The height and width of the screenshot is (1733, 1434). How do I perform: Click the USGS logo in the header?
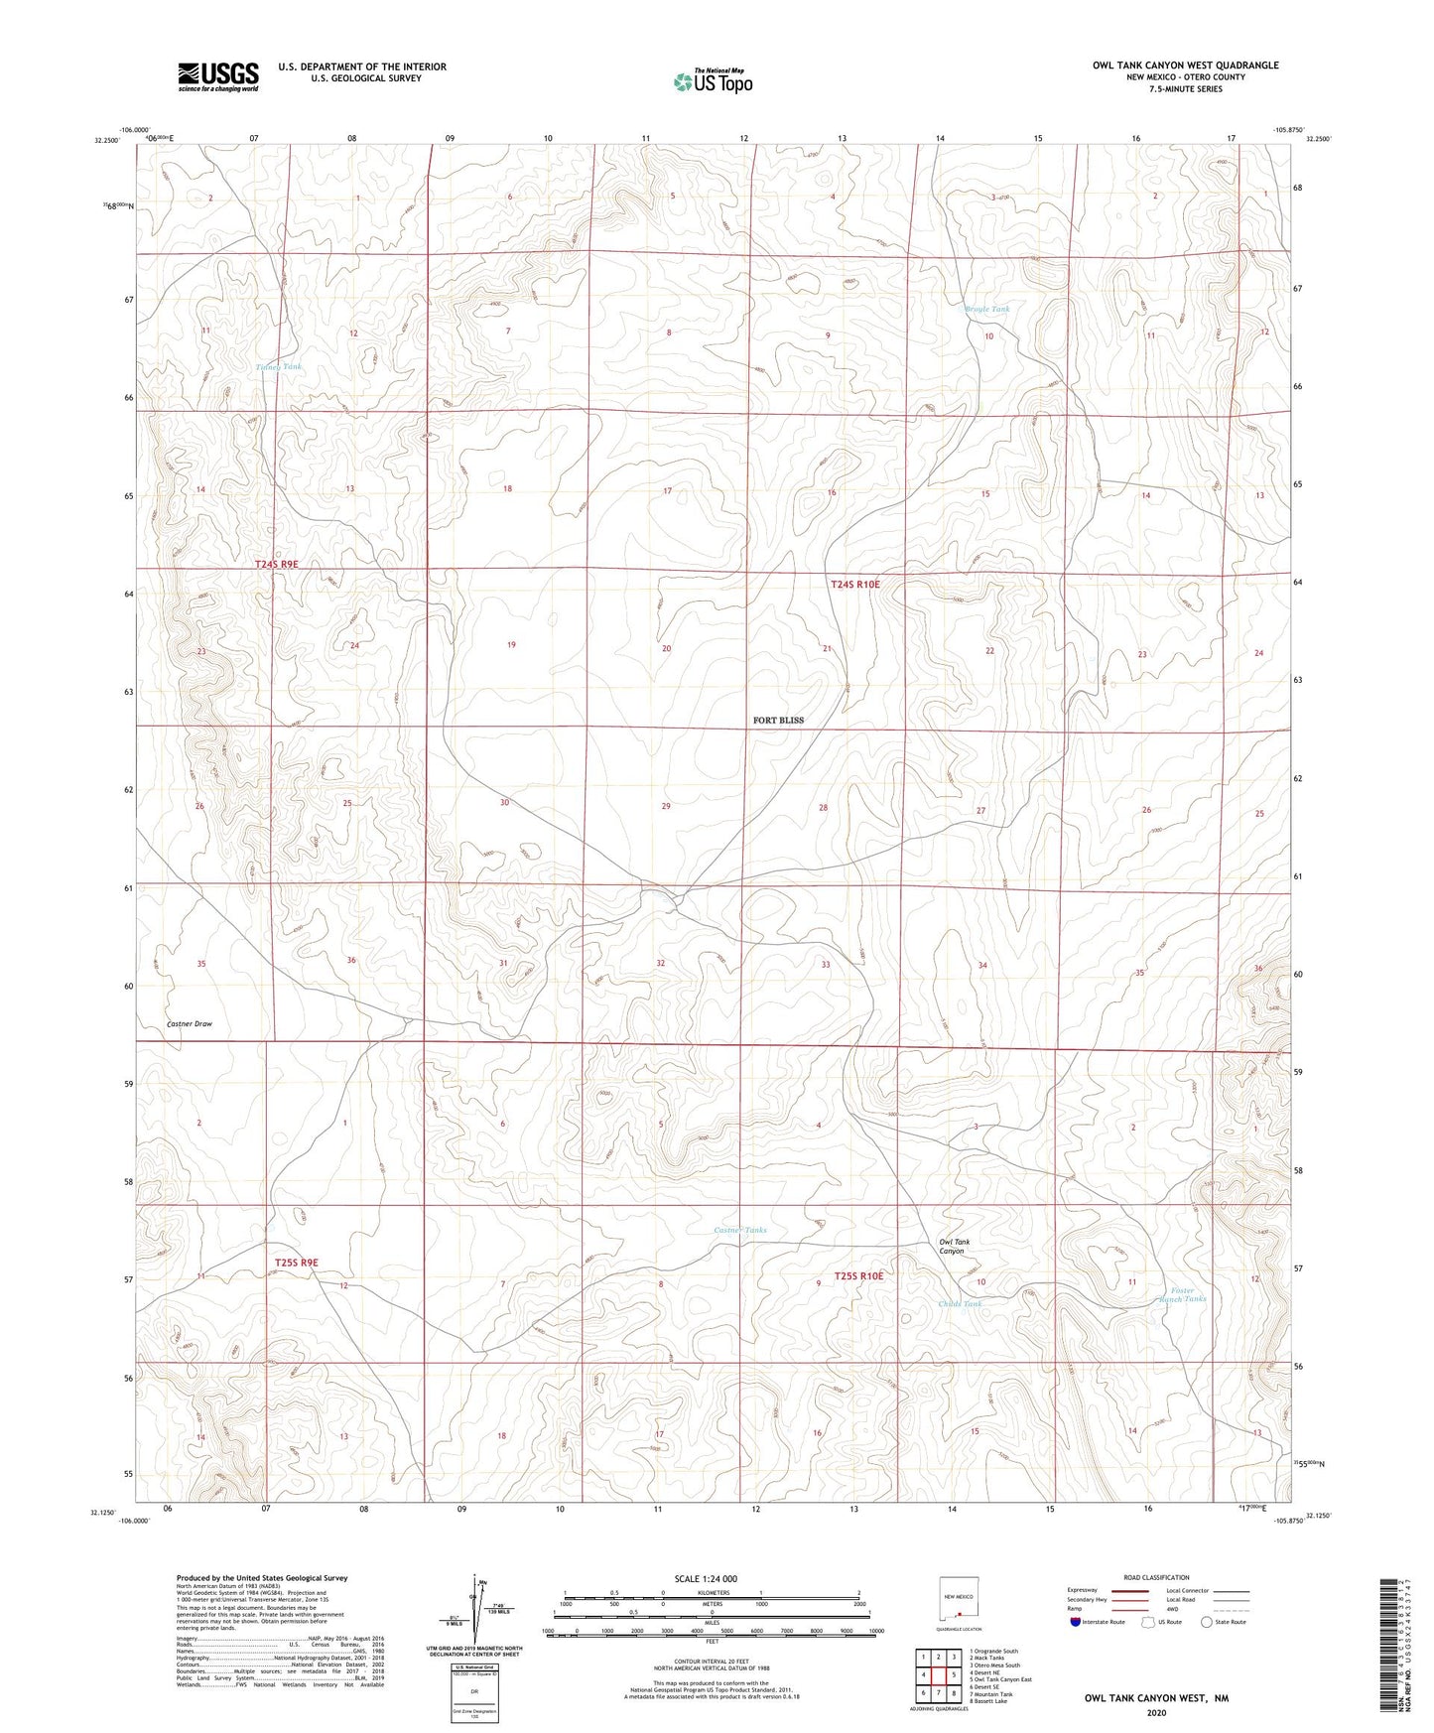(218, 76)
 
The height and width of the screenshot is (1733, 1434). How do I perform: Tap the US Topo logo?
(712, 81)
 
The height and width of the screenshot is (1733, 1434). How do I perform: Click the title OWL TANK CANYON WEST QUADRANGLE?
(1185, 66)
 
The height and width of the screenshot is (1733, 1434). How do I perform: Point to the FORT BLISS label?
(778, 720)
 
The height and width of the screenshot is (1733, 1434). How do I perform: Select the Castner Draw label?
(190, 1023)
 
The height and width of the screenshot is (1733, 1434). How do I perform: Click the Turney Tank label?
(279, 367)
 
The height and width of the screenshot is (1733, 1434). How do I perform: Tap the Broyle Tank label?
(987, 310)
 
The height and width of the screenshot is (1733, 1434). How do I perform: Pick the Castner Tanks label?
(740, 1230)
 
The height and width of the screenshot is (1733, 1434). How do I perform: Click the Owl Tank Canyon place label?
(955, 1246)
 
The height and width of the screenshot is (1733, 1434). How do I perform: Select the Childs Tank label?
(960, 1304)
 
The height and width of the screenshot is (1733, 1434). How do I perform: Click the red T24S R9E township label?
(277, 564)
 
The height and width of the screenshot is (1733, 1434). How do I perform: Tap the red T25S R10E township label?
(857, 1275)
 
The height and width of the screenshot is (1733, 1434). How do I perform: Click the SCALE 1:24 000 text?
(706, 1578)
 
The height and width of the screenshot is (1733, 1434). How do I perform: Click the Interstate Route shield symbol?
(1075, 1622)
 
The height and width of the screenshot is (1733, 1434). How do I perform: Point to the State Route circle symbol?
(1207, 1622)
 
